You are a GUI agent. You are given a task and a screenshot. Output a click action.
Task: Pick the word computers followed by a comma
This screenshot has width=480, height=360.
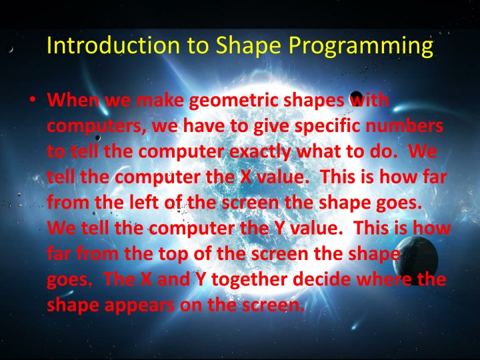[97, 126]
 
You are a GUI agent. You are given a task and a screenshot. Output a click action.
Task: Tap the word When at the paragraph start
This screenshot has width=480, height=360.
[70, 102]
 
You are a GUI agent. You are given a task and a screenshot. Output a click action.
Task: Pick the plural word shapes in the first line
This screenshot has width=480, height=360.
[311, 102]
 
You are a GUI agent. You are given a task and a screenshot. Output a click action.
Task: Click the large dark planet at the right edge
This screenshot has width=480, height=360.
[424, 257]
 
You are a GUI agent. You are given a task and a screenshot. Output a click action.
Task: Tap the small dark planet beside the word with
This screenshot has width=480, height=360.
[357, 97]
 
